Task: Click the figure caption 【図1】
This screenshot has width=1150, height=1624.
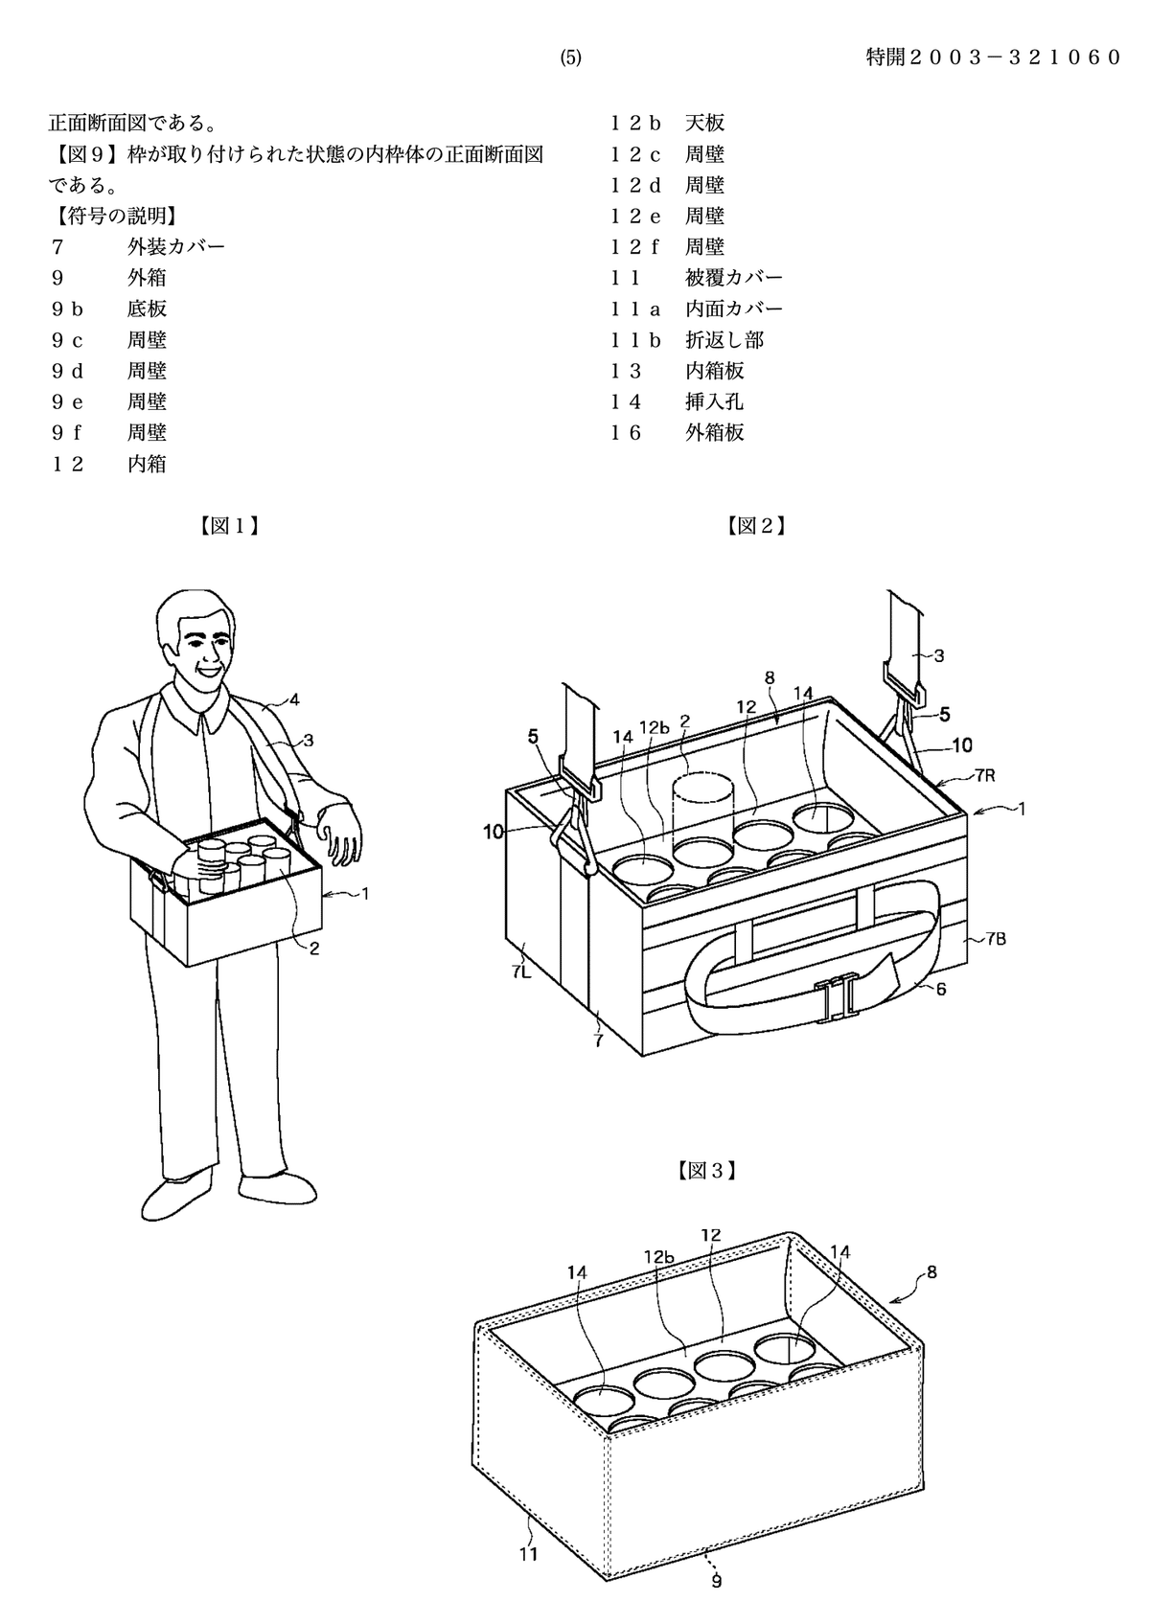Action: [x=229, y=526]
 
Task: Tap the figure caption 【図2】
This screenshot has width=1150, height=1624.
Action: [x=756, y=526]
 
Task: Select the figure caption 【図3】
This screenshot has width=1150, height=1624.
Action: [x=707, y=1170]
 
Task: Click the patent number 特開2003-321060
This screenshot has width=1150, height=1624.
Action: [x=994, y=57]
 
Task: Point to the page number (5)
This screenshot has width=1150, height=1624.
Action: [x=570, y=58]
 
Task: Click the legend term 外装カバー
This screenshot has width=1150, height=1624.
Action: [x=176, y=246]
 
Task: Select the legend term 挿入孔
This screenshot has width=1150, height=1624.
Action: [x=714, y=400]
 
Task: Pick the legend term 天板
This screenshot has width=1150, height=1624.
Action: [x=704, y=123]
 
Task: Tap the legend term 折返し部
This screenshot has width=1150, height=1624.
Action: [x=724, y=339]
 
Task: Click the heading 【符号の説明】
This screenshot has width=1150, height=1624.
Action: [x=116, y=216]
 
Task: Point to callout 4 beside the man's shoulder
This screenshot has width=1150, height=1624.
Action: [x=294, y=699]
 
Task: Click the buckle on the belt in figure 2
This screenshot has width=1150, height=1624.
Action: [x=835, y=1001]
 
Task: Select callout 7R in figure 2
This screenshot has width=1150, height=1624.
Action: [x=984, y=775]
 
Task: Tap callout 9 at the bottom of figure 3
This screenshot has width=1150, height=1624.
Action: [x=717, y=1581]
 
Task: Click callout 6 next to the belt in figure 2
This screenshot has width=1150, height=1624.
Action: [x=941, y=988]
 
